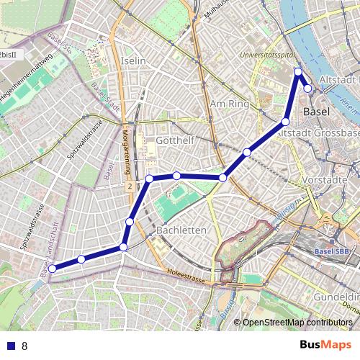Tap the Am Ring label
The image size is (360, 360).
point(228,104)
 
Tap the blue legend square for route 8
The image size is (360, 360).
point(10,346)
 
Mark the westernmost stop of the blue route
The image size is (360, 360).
point(52,269)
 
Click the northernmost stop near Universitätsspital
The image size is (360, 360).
point(298,71)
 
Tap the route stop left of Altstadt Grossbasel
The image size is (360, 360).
point(286,122)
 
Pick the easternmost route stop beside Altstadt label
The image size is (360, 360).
point(308,89)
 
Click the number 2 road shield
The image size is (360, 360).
point(130,186)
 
